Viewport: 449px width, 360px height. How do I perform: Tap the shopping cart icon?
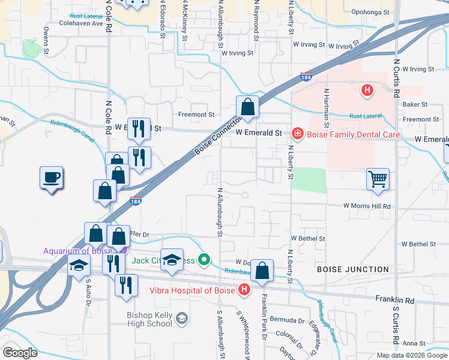point(378,178)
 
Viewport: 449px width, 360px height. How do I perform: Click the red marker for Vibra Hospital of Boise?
point(244,290)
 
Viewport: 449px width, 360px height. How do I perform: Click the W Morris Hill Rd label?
point(367,206)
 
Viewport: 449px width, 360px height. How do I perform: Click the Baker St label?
point(415,104)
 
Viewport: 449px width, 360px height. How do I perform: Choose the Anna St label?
point(414,343)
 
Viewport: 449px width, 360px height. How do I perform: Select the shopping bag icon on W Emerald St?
point(247,108)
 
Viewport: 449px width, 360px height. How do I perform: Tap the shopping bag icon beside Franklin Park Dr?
point(262,271)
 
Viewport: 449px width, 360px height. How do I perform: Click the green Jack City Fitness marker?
point(205,260)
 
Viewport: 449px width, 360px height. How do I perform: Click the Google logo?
point(20,353)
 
